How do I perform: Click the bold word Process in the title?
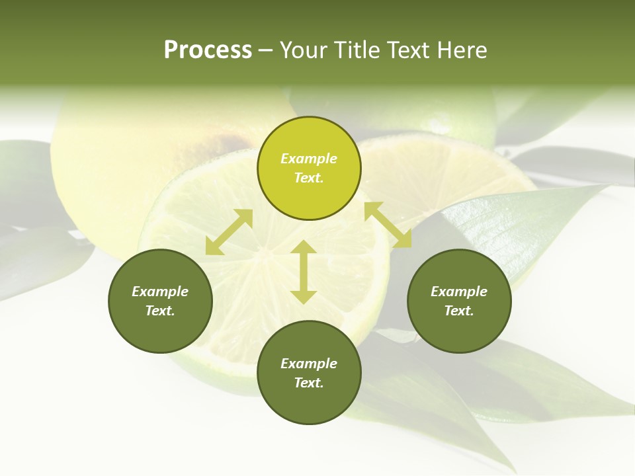coord(208,50)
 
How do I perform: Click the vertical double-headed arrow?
coord(304,272)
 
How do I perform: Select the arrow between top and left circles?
coord(229,232)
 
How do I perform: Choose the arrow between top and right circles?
coord(388,225)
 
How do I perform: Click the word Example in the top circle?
coord(309,159)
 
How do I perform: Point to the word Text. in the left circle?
coord(160,311)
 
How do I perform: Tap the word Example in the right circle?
coord(459,292)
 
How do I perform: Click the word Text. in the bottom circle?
coord(309,383)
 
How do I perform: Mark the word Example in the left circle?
coord(160,292)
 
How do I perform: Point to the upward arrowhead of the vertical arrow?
coord(304,247)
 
